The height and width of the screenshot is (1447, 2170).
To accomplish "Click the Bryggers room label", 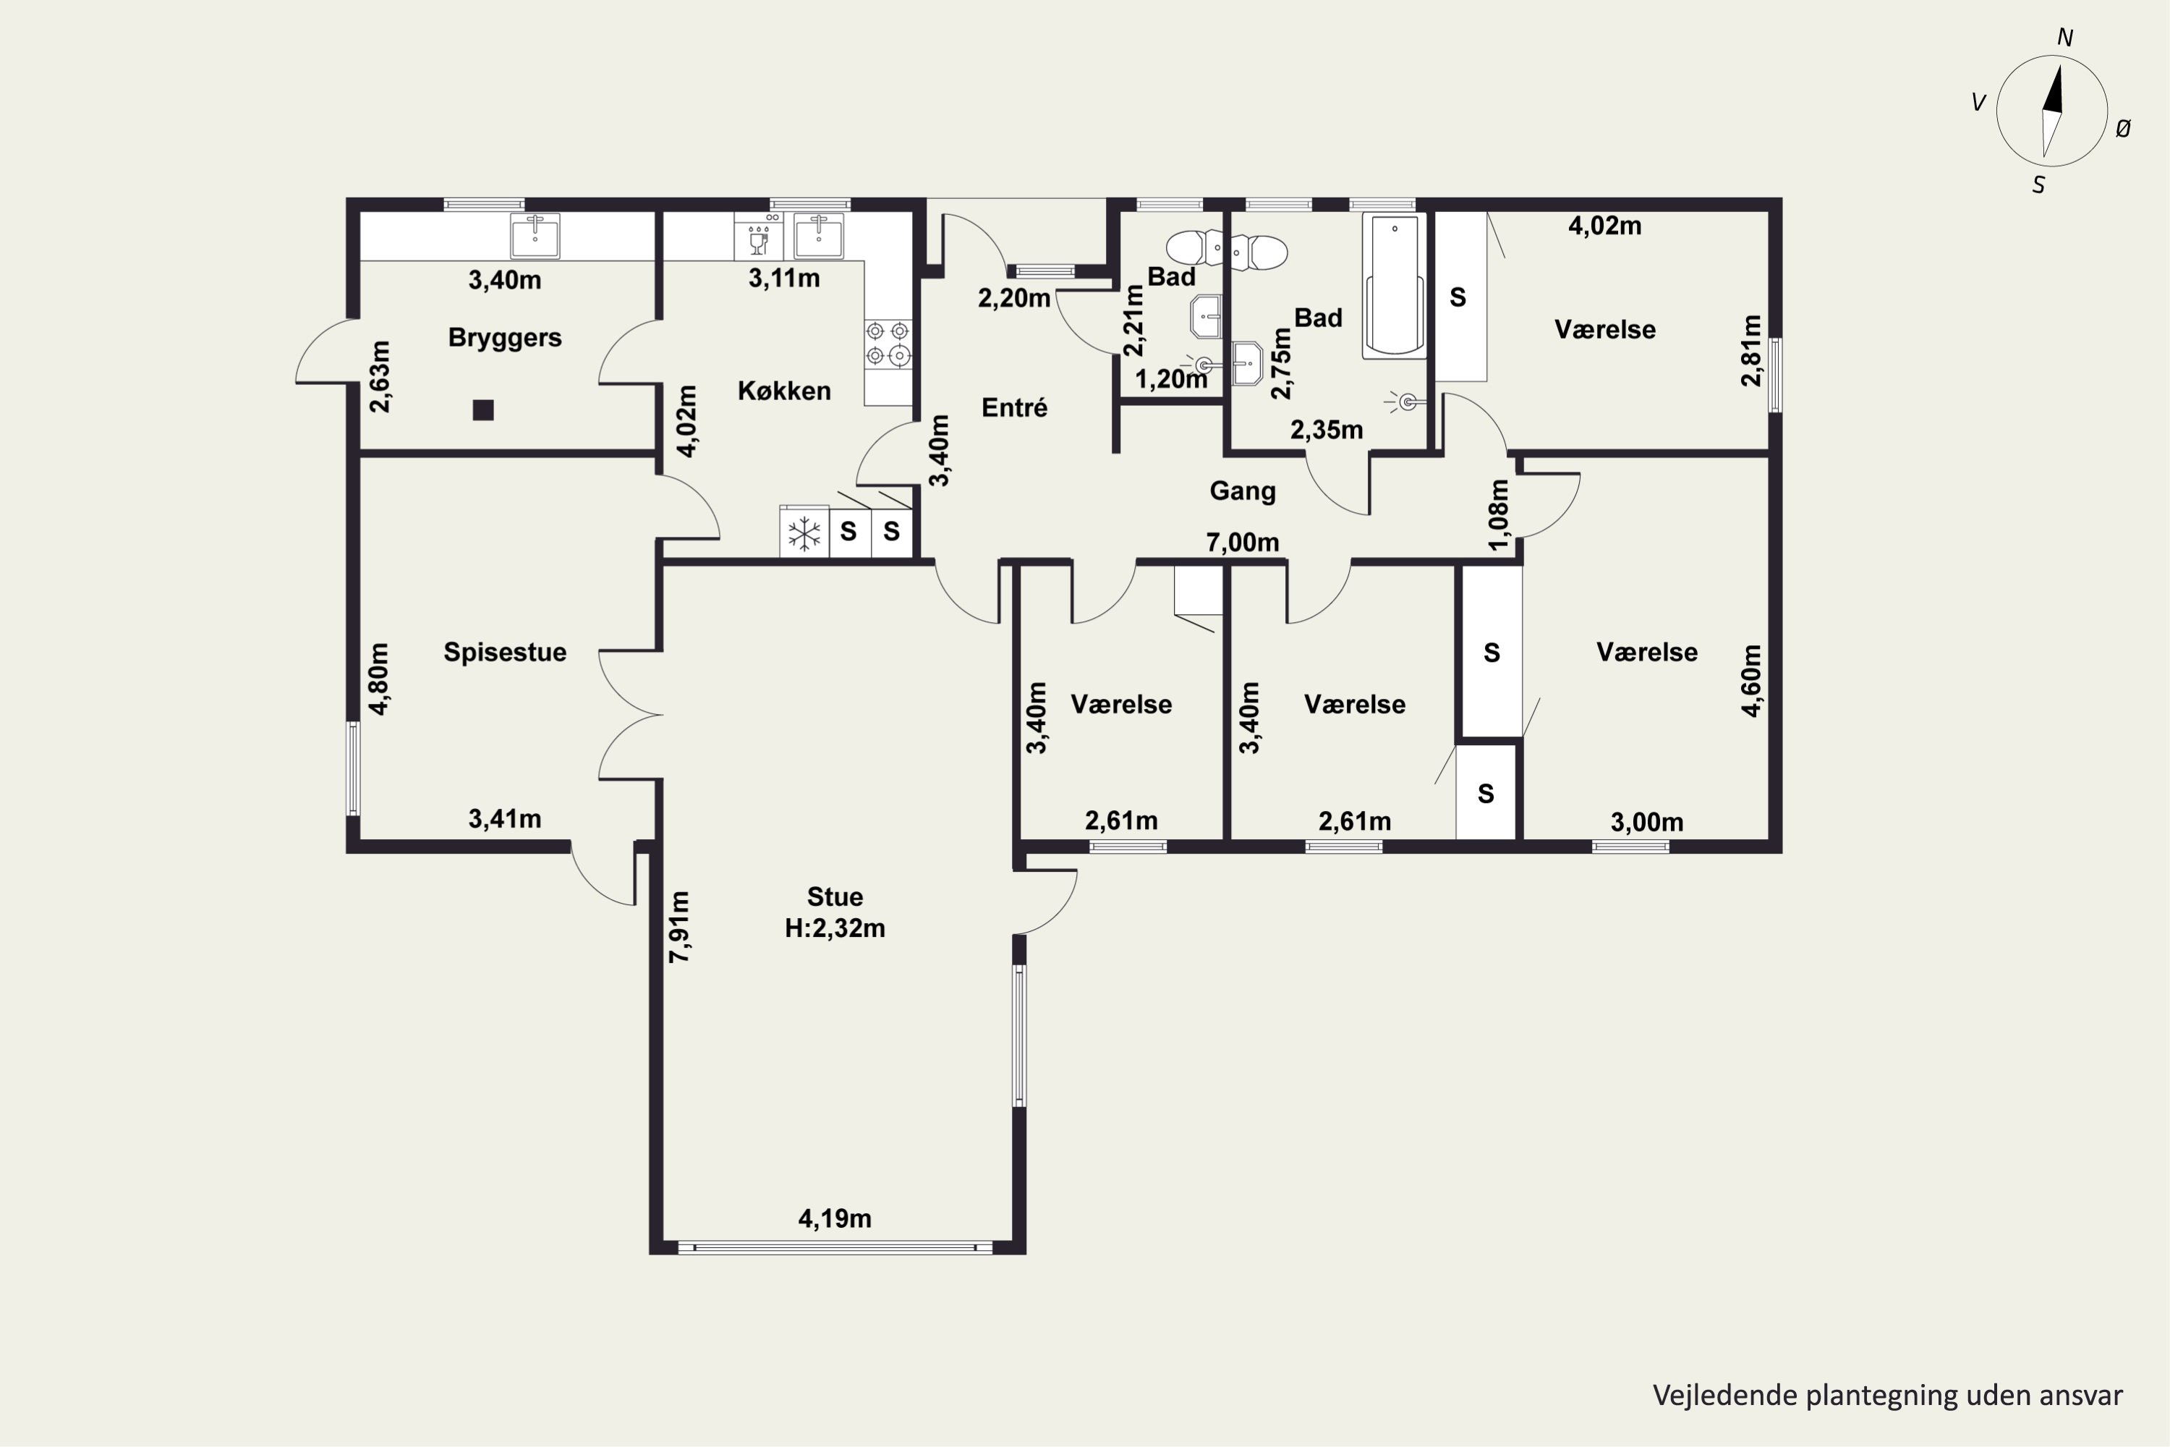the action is pyautogui.click(x=505, y=338).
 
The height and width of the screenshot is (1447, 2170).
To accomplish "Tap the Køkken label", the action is pyautogui.click(x=784, y=391).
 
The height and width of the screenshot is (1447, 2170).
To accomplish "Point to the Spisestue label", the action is pyautogui.click(x=505, y=652).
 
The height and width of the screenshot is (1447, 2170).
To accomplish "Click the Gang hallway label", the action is pyautogui.click(x=1243, y=491).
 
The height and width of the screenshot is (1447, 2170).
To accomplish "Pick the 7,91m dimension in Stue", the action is pyautogui.click(x=679, y=928).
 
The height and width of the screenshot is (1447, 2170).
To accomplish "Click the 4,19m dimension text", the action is pyautogui.click(x=834, y=1218).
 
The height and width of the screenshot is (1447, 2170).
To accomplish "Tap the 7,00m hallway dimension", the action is pyautogui.click(x=1242, y=542).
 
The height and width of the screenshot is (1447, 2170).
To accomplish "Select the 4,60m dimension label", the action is pyautogui.click(x=1751, y=680).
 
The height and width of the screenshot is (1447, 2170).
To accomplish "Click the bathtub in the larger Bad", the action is pyautogui.click(x=1394, y=285).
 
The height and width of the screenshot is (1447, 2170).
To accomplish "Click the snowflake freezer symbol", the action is pyautogui.click(x=804, y=533).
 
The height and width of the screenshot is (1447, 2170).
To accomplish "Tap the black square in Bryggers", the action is pyautogui.click(x=483, y=410).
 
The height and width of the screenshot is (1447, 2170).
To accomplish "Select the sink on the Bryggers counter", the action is pyautogui.click(x=535, y=235).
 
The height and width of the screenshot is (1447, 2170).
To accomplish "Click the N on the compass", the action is pyautogui.click(x=2065, y=38).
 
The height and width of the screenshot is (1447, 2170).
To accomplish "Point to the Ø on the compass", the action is pyautogui.click(x=2123, y=130).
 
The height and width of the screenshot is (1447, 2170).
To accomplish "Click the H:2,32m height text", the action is pyautogui.click(x=834, y=928).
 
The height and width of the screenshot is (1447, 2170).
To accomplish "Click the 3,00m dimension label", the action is pyautogui.click(x=1647, y=821).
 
